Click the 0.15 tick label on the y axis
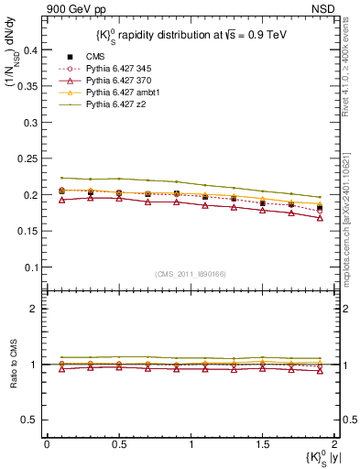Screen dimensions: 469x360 click(x=29, y=231)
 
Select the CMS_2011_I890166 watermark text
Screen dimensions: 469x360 click(x=191, y=273)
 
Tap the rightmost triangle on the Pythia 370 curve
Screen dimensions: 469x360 click(x=319, y=218)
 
